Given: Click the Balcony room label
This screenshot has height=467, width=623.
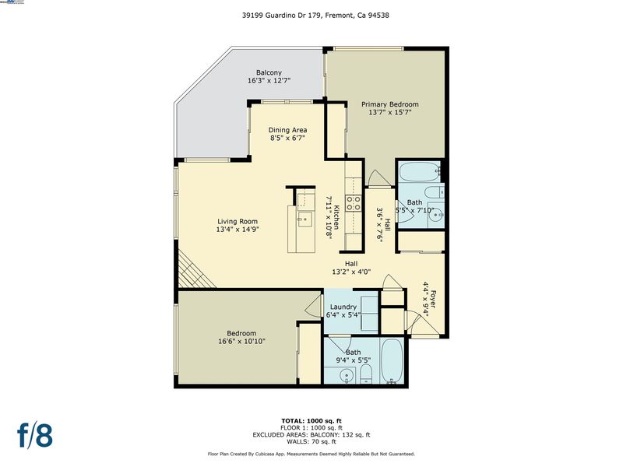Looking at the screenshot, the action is click(x=269, y=72).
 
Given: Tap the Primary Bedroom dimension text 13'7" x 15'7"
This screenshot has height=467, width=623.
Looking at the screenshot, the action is click(x=390, y=112).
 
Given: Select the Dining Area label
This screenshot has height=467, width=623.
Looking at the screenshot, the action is click(x=287, y=130).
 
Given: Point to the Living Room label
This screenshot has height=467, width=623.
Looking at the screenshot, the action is click(x=238, y=221).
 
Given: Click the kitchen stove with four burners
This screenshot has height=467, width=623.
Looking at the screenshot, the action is click(x=354, y=203).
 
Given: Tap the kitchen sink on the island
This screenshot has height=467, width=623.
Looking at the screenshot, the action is click(x=305, y=219).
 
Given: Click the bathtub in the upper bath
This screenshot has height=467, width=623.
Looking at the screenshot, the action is click(x=420, y=171).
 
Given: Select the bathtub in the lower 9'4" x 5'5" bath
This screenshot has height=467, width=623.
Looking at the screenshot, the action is click(x=392, y=360).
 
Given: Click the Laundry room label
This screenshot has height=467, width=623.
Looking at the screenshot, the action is click(x=343, y=307).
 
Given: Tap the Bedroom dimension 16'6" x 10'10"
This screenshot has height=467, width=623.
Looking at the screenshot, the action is click(x=241, y=341).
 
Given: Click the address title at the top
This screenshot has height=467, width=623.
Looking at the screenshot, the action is click(x=315, y=16).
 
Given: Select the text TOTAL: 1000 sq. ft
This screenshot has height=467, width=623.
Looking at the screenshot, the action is click(x=311, y=421).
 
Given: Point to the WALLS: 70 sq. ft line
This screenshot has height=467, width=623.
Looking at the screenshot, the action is click(x=311, y=441).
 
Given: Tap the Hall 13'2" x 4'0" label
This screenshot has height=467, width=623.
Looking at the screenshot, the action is click(x=351, y=268).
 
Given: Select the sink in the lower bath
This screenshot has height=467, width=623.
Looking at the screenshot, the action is click(x=347, y=375).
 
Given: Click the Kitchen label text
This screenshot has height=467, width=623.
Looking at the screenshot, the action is click(x=336, y=217).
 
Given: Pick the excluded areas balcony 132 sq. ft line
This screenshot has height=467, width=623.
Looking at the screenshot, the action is click(x=311, y=435).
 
